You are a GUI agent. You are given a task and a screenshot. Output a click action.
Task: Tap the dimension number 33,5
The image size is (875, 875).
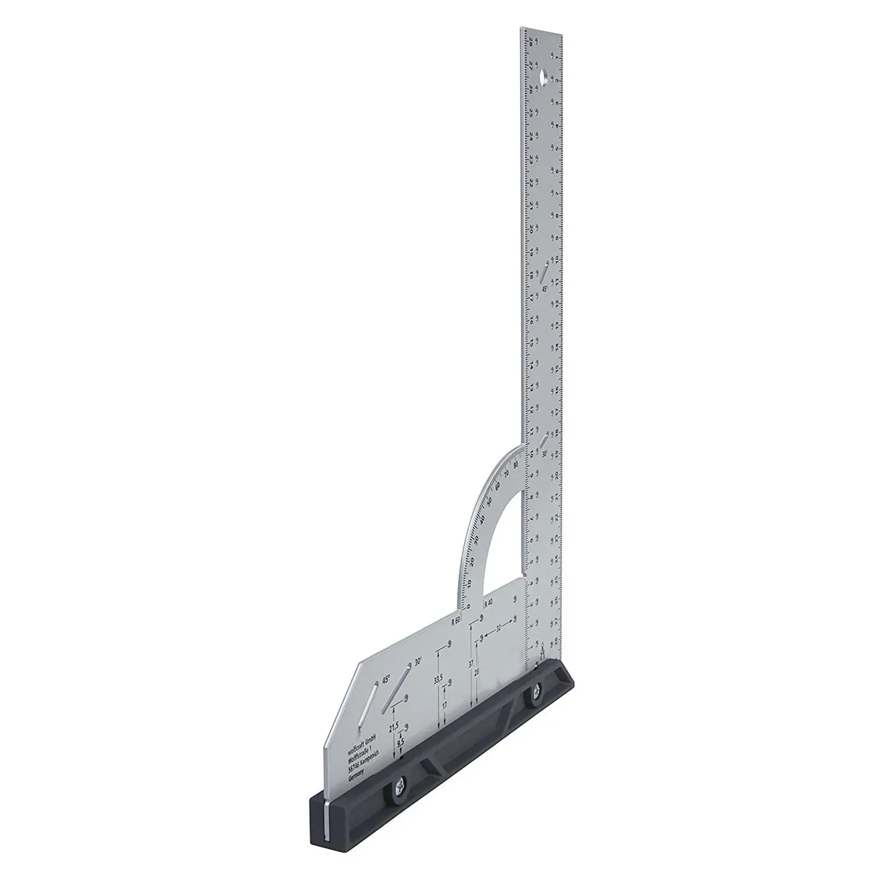437,680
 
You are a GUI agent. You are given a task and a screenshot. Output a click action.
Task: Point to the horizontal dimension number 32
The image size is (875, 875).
498,629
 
